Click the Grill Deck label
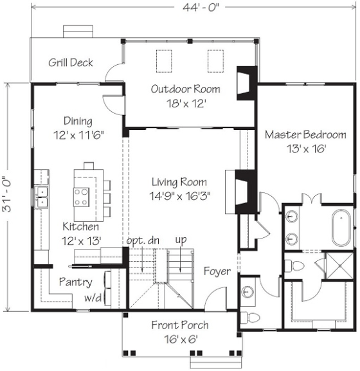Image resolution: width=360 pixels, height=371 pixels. point(71,63)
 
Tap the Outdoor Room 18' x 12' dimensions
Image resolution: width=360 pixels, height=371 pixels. point(186,104)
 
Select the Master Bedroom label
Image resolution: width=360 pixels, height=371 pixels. point(305,134)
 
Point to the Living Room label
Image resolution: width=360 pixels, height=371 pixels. point(179,182)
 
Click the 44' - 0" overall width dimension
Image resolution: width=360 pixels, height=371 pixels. point(201,7)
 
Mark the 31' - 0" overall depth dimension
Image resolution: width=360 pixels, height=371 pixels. point(7,194)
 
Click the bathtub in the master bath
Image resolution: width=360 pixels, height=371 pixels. point(341,228)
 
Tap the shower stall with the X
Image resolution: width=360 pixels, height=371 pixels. point(339,266)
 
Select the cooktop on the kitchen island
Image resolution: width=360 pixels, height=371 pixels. point(82,197)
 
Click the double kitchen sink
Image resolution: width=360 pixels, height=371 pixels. point(41,197)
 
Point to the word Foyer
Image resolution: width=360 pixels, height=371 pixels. point(217,271)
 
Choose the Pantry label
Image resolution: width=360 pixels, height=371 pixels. point(76,282)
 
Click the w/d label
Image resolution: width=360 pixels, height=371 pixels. point(93,298)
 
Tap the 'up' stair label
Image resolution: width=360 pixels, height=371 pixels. point(181,240)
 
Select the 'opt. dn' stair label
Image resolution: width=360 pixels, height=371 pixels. point(143,240)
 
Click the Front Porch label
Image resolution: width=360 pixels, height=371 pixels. point(180,325)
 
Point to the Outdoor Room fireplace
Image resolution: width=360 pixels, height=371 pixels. point(247,84)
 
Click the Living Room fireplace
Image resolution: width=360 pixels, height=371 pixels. point(246,192)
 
